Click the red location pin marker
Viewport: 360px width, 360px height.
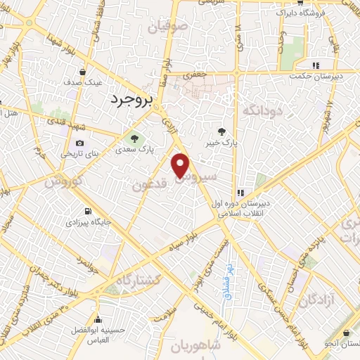(x=181, y=165)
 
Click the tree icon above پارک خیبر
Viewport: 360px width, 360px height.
(x=222, y=131)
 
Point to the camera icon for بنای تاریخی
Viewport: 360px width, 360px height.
(x=80, y=143)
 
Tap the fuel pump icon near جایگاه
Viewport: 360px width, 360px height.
(x=86, y=210)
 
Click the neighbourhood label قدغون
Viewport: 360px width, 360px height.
(x=148, y=185)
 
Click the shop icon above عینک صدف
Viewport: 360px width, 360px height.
(x=83, y=72)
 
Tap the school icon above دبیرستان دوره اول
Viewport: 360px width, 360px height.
(x=240, y=192)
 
